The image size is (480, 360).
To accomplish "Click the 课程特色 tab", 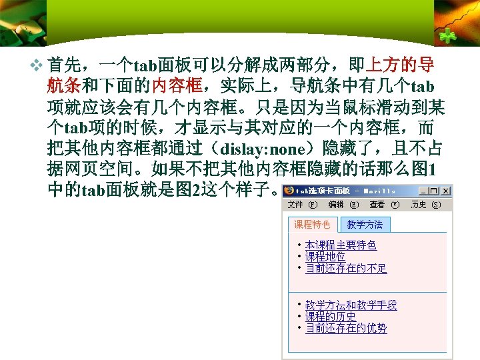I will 313,225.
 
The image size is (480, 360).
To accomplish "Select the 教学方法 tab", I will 365,225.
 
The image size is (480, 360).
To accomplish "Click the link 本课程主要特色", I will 341,245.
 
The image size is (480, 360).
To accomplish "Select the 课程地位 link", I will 325,257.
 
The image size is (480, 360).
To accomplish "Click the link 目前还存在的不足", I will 346,268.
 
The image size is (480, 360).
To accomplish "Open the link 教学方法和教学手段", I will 351,305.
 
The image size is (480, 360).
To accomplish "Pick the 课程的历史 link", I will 331,317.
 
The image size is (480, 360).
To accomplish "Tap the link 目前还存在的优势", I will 346,328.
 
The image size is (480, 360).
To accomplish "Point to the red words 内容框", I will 177,86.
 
